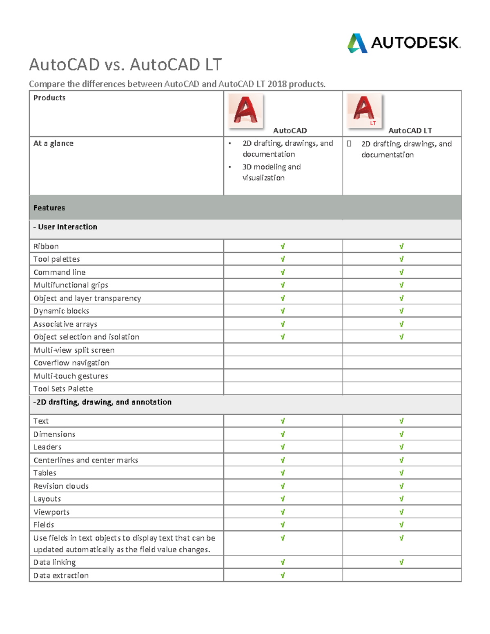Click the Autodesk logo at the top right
[403, 43]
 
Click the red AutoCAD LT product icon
[364, 110]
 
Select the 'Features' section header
[49, 208]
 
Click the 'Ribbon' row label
[46, 246]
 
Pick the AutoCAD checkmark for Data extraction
[283, 575]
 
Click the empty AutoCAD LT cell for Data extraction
[402, 575]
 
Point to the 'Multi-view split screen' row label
[74, 350]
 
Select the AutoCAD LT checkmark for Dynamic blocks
[401, 311]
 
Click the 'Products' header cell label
[49, 98]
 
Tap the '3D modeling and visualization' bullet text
[271, 172]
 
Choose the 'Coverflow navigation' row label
[71, 363]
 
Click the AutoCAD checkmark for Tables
[283, 473]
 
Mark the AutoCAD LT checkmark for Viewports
[401, 512]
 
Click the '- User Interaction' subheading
[65, 227]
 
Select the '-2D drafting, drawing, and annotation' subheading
[102, 402]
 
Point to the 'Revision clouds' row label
[61, 486]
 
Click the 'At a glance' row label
[53, 143]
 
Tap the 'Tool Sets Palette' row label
[63, 389]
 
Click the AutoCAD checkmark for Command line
[283, 272]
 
